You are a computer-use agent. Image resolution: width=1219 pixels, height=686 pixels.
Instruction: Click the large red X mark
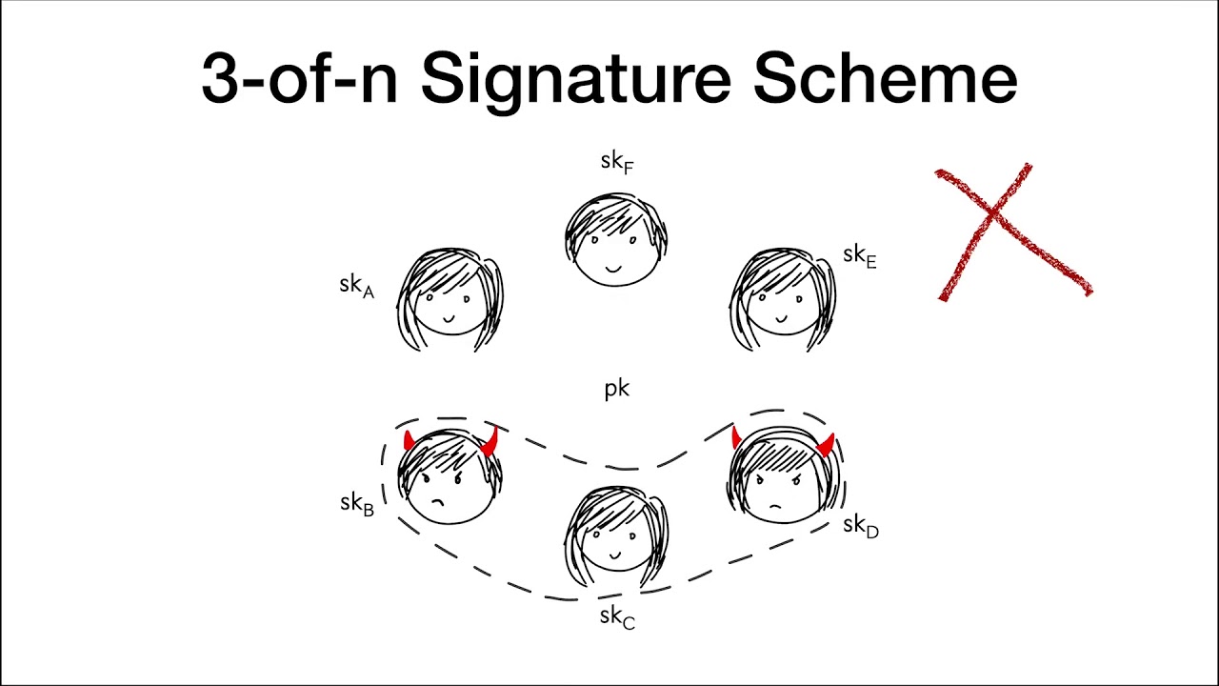pos(1013,232)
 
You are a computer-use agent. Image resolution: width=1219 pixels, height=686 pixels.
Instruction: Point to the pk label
pos(617,390)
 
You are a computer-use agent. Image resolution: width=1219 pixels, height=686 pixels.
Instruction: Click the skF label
pos(617,163)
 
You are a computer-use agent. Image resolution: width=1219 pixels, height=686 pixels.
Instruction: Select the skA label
pos(357,287)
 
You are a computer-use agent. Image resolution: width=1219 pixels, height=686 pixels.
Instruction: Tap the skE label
pos(860,257)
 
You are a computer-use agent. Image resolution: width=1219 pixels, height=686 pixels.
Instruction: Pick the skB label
pos(357,504)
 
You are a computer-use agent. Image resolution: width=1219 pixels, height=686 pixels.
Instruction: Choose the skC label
pos(617,618)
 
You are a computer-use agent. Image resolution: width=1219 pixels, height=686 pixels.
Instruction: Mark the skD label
pos(861,527)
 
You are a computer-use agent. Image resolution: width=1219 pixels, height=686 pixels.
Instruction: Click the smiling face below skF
pos(616,238)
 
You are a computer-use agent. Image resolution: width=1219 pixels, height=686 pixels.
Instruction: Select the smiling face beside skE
pos(783,299)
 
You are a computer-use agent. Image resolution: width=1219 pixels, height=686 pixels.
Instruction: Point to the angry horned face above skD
pos(784,474)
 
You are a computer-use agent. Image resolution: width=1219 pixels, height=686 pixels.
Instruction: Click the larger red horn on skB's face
pos(490,441)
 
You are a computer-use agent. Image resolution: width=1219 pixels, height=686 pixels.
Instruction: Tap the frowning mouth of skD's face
pos(775,507)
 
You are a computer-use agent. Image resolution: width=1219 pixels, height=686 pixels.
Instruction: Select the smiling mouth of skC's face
pos(615,555)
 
